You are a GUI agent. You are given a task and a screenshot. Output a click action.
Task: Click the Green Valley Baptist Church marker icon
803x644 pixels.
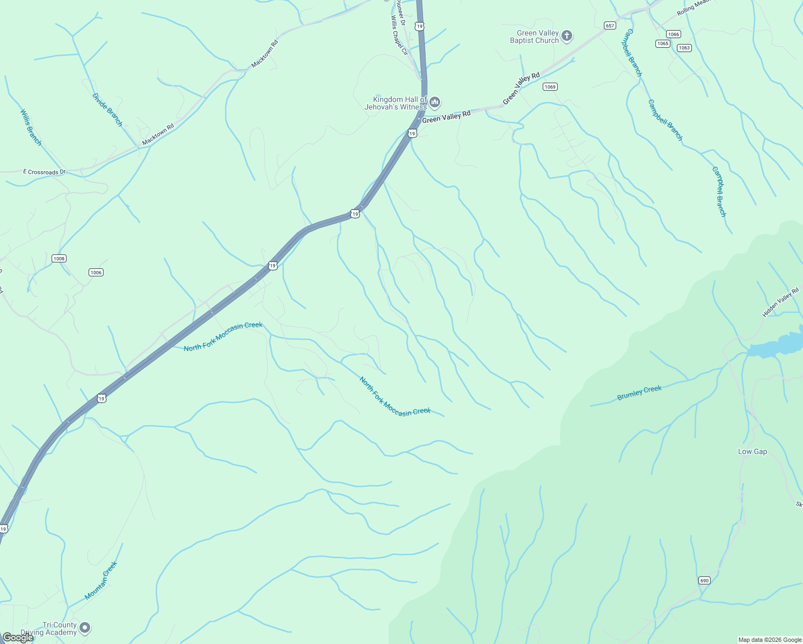[x=567, y=36]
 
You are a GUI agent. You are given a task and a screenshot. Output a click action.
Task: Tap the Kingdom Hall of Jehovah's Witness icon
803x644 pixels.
[x=435, y=102]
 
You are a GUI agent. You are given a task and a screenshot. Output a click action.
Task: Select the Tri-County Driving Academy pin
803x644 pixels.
[x=85, y=627]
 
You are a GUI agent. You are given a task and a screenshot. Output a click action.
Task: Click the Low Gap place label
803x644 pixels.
[x=753, y=451]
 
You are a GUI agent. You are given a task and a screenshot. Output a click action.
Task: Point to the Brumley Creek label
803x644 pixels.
[x=639, y=393]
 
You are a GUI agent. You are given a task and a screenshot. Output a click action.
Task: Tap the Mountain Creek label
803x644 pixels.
[x=101, y=581]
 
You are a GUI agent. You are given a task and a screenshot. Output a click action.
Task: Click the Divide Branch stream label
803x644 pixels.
[x=107, y=110]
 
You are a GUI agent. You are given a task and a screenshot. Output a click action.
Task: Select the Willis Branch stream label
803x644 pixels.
[x=31, y=127]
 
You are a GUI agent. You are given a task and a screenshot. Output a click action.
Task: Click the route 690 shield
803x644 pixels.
[x=704, y=580]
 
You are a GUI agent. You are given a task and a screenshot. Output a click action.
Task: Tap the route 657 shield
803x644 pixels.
[x=609, y=26]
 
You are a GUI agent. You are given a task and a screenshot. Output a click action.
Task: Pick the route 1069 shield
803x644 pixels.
[x=550, y=86]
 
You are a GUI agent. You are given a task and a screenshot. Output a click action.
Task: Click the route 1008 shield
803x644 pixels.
[x=59, y=258]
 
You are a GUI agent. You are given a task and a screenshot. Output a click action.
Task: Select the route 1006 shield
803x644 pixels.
[x=96, y=272]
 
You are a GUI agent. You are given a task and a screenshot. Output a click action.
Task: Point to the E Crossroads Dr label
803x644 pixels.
[x=44, y=172]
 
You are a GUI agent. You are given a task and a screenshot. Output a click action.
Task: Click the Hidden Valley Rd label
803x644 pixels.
[x=780, y=302]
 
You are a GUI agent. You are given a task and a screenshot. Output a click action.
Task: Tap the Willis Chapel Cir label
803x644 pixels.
[x=399, y=35]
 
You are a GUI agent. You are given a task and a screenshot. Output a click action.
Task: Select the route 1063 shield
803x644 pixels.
[x=684, y=48]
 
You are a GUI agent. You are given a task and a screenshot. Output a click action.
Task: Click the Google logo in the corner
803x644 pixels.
[x=18, y=637]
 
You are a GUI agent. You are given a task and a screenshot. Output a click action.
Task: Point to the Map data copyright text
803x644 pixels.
[x=769, y=640]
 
